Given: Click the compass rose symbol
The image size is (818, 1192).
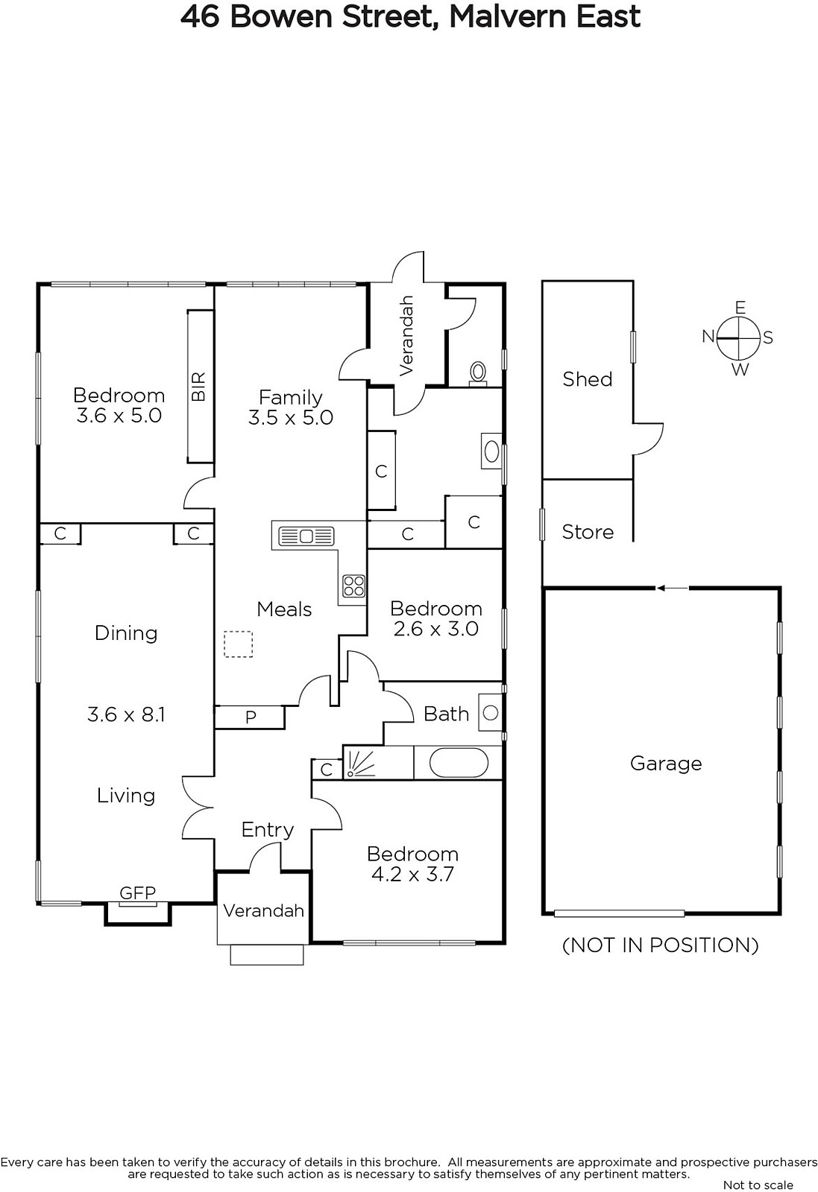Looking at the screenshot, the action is pyautogui.click(x=738, y=338).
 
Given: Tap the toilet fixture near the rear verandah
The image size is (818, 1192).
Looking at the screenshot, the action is pyautogui.click(x=478, y=373).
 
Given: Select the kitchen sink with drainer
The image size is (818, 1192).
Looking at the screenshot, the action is pyautogui.click(x=306, y=536).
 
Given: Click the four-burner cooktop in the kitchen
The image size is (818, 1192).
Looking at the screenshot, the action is pyautogui.click(x=353, y=586).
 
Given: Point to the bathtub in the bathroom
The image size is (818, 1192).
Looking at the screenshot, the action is pyautogui.click(x=458, y=763).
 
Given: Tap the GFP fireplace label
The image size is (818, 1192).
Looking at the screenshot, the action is pyautogui.click(x=137, y=893).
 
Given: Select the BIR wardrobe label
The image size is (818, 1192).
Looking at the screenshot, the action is pyautogui.click(x=198, y=387).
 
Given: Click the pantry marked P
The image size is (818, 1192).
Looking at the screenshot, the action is pyautogui.click(x=250, y=717).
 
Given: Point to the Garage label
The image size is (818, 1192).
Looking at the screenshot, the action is pyautogui.click(x=666, y=764).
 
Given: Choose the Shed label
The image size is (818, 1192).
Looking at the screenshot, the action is pyautogui.click(x=588, y=379).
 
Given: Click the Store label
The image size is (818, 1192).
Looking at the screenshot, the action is pyautogui.click(x=588, y=532).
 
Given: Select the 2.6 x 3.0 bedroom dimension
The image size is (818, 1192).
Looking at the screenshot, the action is pyautogui.click(x=435, y=629).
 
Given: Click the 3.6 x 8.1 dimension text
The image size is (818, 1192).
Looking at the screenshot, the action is pyautogui.click(x=126, y=714).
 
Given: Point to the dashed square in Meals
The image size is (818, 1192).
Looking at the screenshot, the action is pyautogui.click(x=238, y=644).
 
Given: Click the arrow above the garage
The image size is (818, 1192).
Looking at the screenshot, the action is pyautogui.click(x=672, y=588).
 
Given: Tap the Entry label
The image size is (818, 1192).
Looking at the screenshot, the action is pyautogui.click(x=268, y=830).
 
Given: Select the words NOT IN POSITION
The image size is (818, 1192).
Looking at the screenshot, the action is pyautogui.click(x=661, y=945).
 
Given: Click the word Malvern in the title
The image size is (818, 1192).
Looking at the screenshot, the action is pyautogui.click(x=506, y=16).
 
